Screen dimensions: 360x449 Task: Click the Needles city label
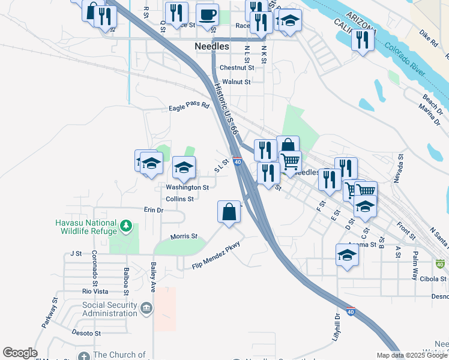click(x=212, y=46)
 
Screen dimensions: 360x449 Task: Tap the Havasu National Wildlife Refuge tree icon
click(x=126, y=226)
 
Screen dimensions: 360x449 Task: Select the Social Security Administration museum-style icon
click(x=146, y=309)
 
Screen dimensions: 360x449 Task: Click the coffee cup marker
click(x=207, y=15)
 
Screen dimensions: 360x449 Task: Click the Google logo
click(x=19, y=353)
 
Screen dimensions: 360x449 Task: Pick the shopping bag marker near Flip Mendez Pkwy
click(x=229, y=212)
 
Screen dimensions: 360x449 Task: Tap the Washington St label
click(x=187, y=187)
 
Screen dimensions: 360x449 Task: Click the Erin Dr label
click(x=154, y=211)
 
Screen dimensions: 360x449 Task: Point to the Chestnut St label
click(x=237, y=68)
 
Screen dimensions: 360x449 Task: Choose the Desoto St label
click(x=86, y=333)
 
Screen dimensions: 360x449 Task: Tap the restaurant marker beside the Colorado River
click(x=363, y=40)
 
